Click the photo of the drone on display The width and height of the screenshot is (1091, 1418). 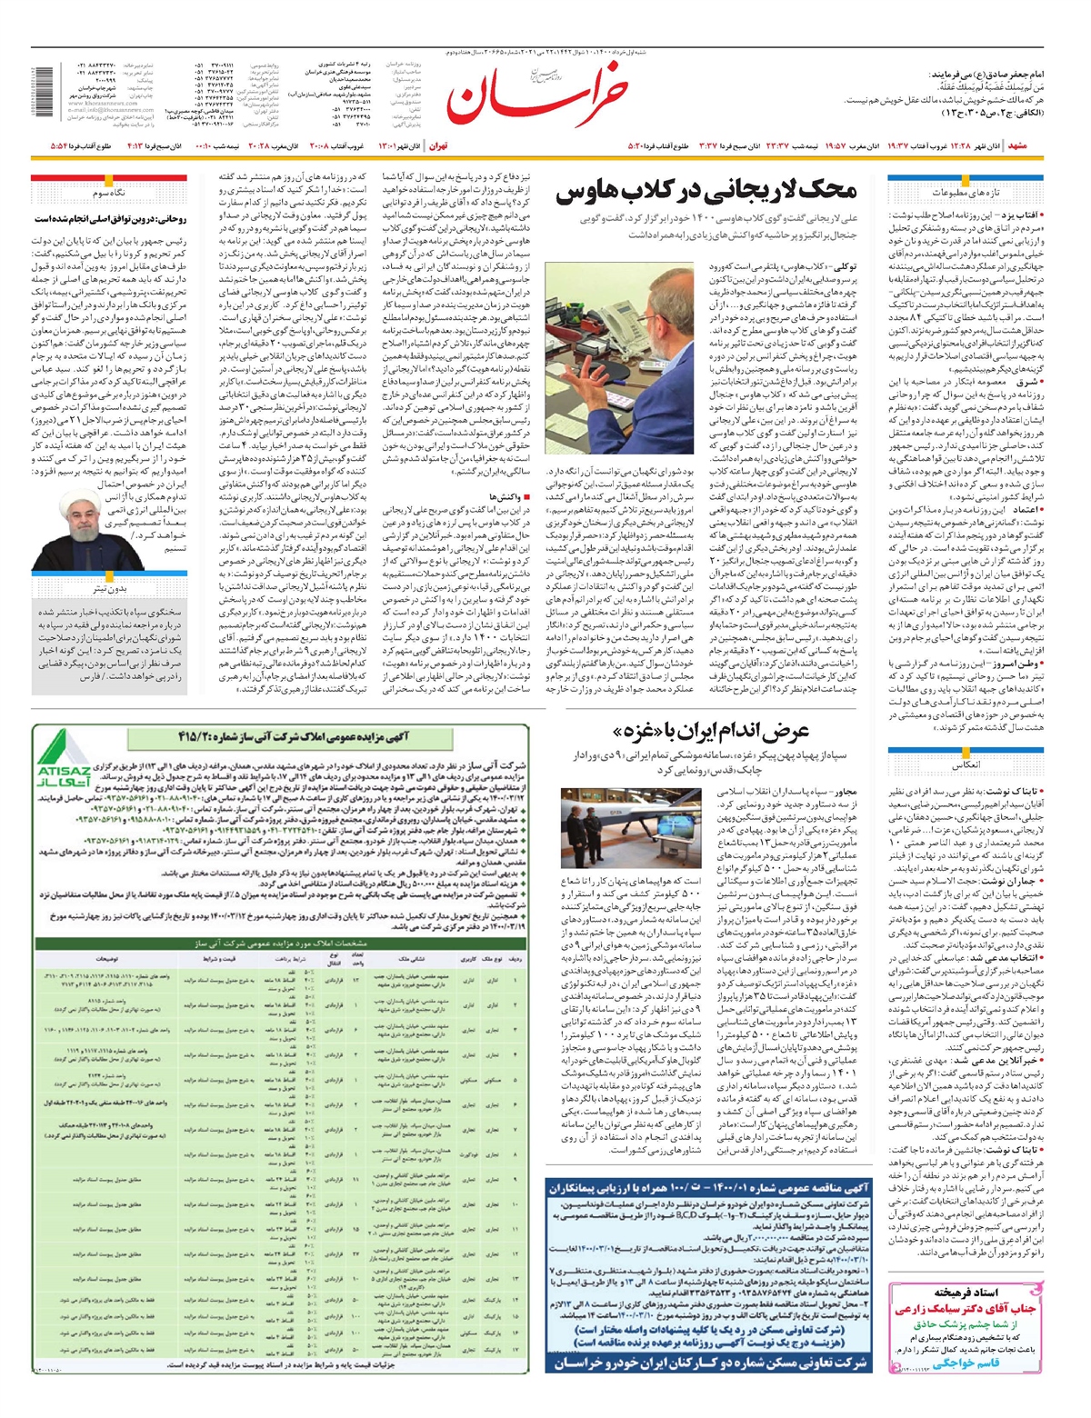tap(631, 828)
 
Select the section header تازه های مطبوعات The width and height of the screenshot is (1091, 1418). tap(966, 193)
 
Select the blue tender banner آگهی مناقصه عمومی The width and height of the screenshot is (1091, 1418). tap(710, 1187)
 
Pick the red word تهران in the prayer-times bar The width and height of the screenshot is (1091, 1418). tap(438, 145)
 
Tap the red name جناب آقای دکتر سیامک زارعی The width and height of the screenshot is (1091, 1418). tap(966, 1310)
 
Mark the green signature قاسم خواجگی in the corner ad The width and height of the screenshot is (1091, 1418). tap(966, 1363)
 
